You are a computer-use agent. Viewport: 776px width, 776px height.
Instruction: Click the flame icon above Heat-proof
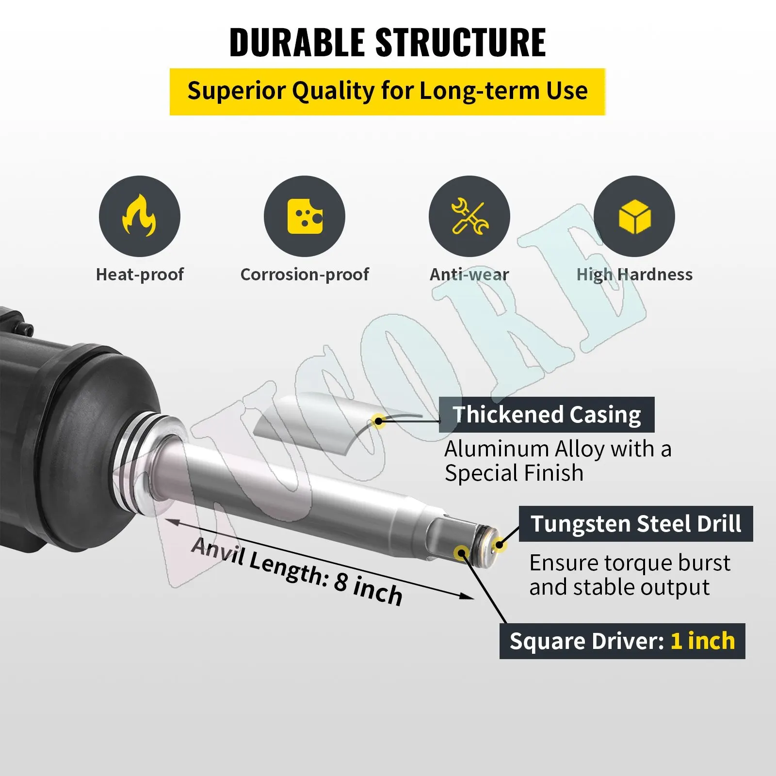click(139, 216)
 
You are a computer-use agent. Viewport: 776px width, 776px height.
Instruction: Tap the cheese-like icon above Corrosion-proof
click(305, 216)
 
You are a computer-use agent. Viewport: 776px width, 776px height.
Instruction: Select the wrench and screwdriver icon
click(469, 216)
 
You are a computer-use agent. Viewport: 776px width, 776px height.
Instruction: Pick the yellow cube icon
click(634, 216)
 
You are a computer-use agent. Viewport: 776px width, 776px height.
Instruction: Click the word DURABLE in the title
click(297, 43)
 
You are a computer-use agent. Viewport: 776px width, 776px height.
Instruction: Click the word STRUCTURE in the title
click(461, 43)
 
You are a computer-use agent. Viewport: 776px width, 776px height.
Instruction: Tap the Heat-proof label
click(140, 275)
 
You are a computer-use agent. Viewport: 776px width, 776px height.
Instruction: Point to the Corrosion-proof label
click(305, 275)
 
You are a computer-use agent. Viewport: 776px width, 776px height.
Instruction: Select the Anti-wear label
click(469, 275)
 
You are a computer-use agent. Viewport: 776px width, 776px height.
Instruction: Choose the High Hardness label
click(634, 275)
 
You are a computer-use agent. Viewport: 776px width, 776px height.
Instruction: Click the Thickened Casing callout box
click(547, 415)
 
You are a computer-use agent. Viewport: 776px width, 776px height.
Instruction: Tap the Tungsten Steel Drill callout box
click(636, 524)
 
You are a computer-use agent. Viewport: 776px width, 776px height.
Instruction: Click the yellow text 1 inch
click(703, 641)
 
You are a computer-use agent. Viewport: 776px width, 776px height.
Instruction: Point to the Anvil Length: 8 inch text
click(297, 571)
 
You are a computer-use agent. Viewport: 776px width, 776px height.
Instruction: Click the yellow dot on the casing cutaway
click(378, 420)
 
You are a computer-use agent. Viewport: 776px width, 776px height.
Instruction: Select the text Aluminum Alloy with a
click(558, 449)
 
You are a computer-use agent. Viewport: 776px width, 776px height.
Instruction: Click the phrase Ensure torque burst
click(630, 563)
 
